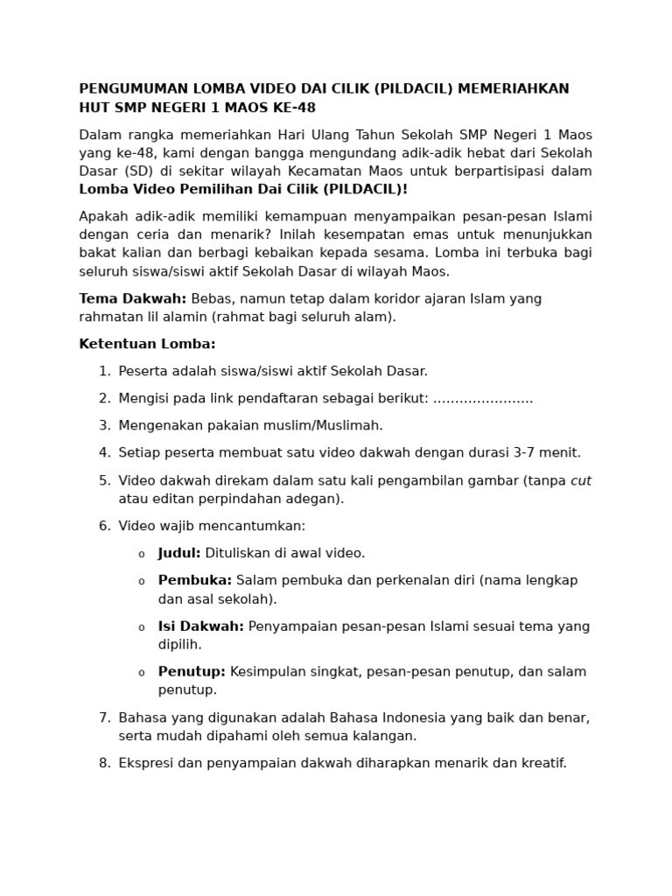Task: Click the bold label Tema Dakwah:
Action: (x=132, y=299)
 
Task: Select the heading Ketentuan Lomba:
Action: (x=147, y=344)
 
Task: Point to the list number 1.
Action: (x=104, y=372)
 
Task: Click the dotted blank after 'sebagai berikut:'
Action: (x=483, y=399)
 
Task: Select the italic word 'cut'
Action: (x=581, y=481)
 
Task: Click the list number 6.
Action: (x=104, y=527)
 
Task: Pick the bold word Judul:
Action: (x=179, y=554)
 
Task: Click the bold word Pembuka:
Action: (x=195, y=581)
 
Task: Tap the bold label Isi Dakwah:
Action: (x=201, y=626)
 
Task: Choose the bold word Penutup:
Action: (x=192, y=672)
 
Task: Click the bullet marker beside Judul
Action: (x=142, y=555)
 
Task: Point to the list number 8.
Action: (x=104, y=764)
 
